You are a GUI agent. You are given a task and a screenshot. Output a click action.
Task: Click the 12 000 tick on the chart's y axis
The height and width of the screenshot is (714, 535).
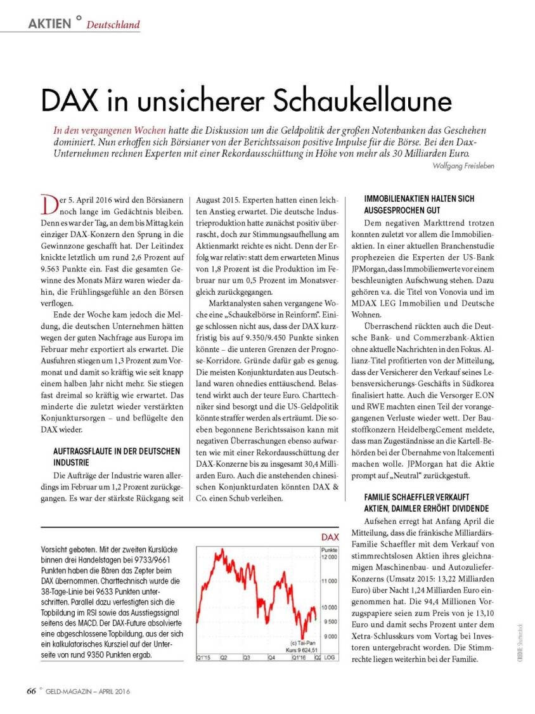coord(329,557)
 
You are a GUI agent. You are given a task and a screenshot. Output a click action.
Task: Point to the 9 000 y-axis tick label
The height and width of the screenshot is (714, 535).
coord(329,637)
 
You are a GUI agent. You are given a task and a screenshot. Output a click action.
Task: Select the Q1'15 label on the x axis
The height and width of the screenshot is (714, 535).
coord(204,658)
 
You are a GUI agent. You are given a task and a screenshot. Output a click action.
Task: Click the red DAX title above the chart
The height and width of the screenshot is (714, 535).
coord(330,537)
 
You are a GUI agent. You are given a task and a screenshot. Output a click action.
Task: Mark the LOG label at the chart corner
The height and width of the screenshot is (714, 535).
coord(330,658)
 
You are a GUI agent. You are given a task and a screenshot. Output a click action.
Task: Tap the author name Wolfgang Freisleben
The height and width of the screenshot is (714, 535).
coord(462,166)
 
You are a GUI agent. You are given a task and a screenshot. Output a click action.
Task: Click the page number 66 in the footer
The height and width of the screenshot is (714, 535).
coord(31,691)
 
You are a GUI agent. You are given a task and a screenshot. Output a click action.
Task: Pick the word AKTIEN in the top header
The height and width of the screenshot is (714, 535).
coord(49,24)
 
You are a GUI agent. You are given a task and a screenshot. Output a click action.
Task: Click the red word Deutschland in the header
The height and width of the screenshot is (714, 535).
coord(113,25)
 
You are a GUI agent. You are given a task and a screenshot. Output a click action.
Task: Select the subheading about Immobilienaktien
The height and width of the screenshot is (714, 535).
coord(418,204)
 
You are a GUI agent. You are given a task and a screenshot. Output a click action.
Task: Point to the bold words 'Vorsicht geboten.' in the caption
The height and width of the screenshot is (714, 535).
coord(68,548)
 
